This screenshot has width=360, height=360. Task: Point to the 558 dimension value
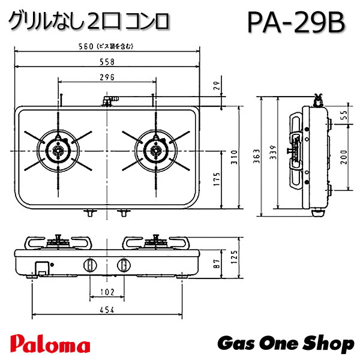[107, 63]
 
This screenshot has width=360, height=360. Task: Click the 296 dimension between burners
[107, 77]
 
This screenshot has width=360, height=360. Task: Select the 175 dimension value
[217, 178]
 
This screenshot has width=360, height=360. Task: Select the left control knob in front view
[91, 264]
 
